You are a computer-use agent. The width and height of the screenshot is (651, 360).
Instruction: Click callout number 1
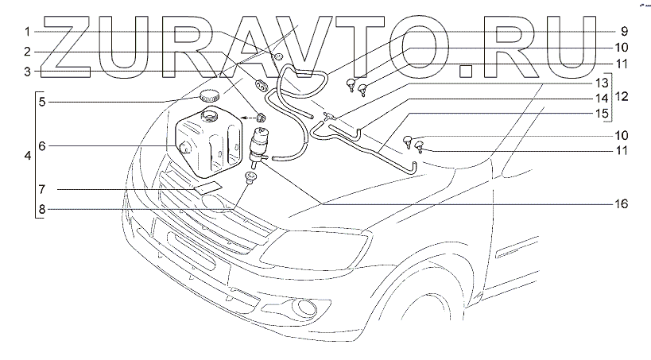point(27,33)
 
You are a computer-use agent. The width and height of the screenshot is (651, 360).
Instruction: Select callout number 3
point(27,71)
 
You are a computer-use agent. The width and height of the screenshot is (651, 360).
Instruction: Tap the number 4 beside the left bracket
point(28,156)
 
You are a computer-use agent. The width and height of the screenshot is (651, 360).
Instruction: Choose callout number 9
point(624,32)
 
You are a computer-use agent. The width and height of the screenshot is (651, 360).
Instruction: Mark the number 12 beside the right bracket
point(622,97)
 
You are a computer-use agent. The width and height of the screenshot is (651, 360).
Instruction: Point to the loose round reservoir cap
point(210,96)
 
